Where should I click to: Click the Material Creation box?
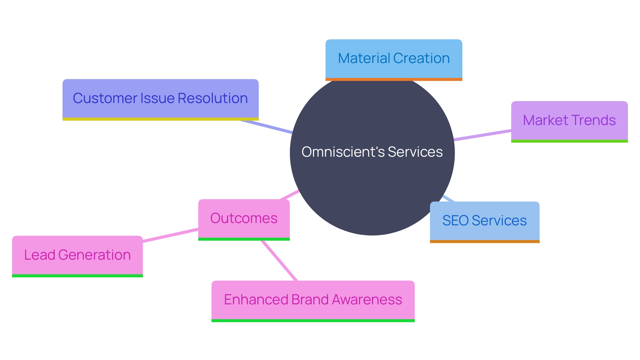(394, 59)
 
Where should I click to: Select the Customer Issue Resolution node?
(160, 99)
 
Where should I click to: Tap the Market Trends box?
(569, 121)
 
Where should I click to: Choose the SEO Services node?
(484, 221)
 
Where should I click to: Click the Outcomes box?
(244, 219)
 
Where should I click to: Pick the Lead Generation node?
(77, 255)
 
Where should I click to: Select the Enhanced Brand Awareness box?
(313, 300)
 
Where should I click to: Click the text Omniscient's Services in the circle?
(372, 152)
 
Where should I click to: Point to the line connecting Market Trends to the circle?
(483, 135)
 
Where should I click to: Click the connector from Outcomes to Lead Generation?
(170, 235)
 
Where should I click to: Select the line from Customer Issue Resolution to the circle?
(266, 127)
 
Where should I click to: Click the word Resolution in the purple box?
(213, 98)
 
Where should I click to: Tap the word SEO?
(455, 221)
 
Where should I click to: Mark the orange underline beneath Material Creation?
(394, 79)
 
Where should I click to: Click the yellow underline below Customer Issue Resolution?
(160, 119)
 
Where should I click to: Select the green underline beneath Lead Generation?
(77, 276)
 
